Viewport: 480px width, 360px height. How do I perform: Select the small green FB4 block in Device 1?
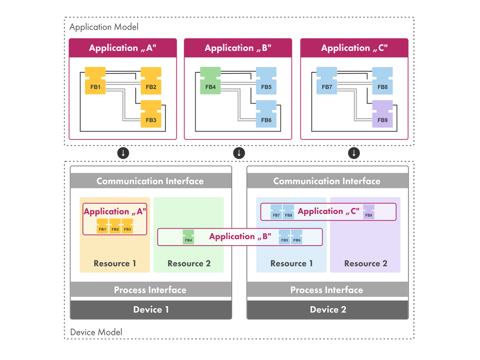coord(189,237)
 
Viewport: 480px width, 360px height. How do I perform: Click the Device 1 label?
coord(151,310)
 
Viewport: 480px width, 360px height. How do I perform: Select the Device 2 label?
coord(328,310)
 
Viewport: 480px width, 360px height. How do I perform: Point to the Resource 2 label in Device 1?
coord(189,264)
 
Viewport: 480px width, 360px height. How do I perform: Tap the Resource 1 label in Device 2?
coord(291,264)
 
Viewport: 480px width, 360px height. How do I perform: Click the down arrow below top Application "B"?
coord(239,153)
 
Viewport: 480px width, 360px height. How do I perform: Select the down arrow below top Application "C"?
coord(354,153)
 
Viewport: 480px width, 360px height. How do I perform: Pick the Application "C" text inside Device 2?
coord(328,211)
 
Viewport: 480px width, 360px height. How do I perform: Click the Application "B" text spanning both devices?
coord(240,236)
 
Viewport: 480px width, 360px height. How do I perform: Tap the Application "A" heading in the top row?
coord(123,48)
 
